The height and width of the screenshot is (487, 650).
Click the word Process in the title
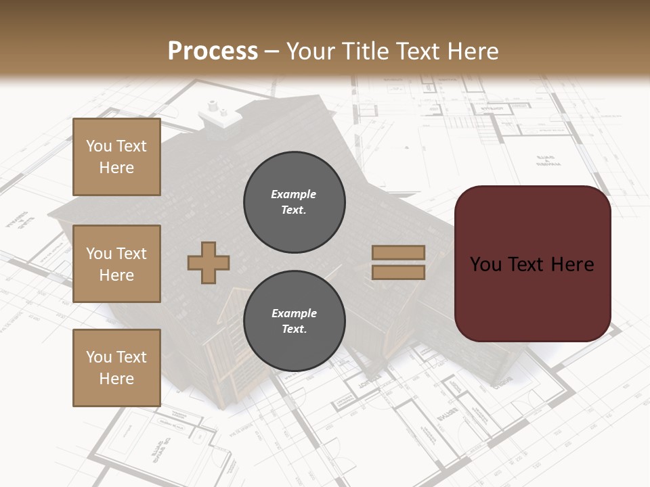click(213, 51)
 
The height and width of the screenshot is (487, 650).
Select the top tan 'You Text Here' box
click(116, 157)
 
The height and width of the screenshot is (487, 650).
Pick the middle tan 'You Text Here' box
click(116, 264)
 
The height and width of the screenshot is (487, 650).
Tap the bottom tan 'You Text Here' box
click(116, 367)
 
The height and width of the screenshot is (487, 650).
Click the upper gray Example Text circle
click(294, 202)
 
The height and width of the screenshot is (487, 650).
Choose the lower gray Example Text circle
click(294, 321)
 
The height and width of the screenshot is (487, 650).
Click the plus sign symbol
click(209, 262)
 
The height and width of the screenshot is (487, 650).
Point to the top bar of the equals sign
click(398, 253)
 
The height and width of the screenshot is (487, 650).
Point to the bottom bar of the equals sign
click(398, 272)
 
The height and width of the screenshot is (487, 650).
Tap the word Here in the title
click(473, 51)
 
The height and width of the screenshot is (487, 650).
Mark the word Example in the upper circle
click(294, 194)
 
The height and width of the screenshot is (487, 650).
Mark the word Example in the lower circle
click(294, 313)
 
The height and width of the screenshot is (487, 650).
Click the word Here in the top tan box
click(116, 168)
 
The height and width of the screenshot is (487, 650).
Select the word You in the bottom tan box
click(99, 356)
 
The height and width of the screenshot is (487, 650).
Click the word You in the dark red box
click(486, 264)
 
